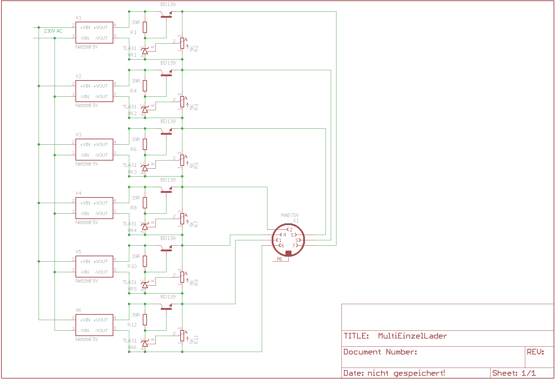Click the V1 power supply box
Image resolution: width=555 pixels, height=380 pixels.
tap(94, 33)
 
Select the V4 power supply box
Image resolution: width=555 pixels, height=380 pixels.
tap(94, 208)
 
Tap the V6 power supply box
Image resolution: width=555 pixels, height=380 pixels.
tap(94, 325)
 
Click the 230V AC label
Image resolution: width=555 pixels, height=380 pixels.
tap(53, 31)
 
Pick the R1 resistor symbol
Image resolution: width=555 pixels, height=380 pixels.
tap(145, 27)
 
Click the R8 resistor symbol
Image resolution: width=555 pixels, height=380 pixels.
tap(145, 203)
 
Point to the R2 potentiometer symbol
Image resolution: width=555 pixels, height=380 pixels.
tap(182, 43)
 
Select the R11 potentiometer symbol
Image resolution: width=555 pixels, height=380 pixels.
tap(182, 335)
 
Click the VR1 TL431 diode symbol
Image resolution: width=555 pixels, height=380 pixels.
tap(145, 51)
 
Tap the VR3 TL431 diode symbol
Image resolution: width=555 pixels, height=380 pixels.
tap(145, 168)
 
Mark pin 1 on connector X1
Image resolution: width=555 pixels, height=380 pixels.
tap(279, 240)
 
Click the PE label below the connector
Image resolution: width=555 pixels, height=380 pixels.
tap(280, 259)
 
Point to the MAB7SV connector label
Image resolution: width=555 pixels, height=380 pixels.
tap(290, 215)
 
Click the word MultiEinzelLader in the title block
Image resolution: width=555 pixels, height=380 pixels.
tap(412, 336)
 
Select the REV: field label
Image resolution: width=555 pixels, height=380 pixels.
tap(535, 352)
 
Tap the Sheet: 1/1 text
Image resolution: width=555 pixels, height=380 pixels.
tap(514, 373)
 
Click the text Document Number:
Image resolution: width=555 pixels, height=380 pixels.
tap(380, 352)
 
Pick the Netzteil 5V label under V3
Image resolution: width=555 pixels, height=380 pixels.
tap(86, 164)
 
